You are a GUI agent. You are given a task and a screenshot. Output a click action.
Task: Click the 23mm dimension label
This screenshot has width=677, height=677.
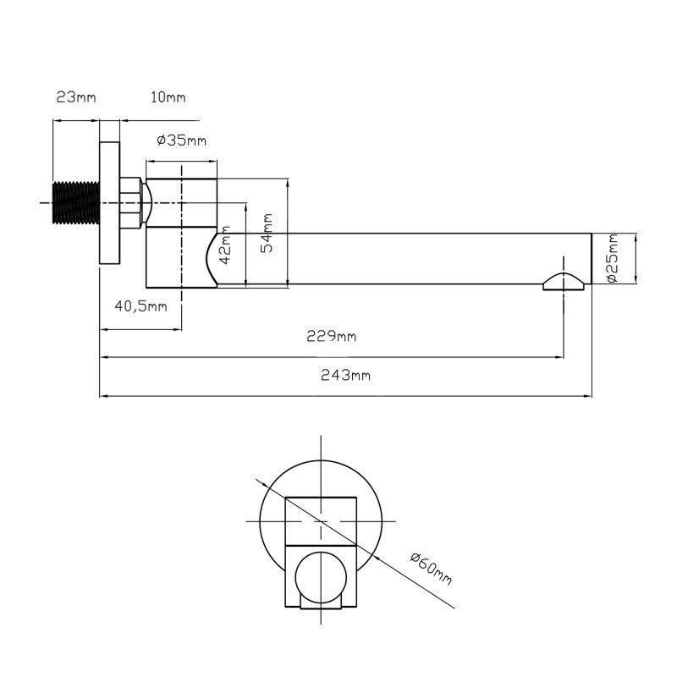coord(76,97)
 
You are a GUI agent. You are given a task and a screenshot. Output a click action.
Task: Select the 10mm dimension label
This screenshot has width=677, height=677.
coord(168,97)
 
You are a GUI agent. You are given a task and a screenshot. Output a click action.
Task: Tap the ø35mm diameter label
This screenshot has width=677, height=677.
coord(181,140)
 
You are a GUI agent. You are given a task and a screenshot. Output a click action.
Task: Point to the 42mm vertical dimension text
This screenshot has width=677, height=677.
coord(225,245)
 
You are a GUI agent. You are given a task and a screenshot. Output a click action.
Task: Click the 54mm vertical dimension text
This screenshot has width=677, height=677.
coord(267,233)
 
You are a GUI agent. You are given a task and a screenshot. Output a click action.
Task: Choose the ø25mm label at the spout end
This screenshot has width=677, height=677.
coord(612,258)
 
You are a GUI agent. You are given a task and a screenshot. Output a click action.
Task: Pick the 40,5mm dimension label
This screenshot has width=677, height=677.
coord(140,306)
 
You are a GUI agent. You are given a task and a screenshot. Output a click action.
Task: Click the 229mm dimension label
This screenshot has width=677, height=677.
coord(331,335)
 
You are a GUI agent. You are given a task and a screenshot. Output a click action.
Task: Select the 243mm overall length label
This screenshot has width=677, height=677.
coord(345,375)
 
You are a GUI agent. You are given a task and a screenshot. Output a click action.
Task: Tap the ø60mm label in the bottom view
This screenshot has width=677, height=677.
coord(432,569)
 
